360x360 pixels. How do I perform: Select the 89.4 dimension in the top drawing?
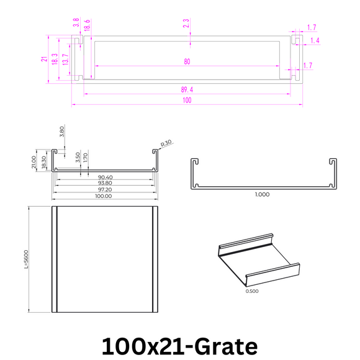coord(187,90)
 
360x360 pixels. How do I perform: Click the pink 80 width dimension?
coord(187,61)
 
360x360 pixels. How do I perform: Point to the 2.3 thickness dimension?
coord(186,24)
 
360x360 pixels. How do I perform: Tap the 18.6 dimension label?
coord(87,25)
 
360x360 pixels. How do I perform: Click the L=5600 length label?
coord(27,259)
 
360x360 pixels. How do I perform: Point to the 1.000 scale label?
coord(262,195)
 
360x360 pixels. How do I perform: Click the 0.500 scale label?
coord(252,290)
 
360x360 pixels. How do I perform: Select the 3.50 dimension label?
coord(77,156)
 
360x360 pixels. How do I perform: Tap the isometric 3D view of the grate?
coord(259,261)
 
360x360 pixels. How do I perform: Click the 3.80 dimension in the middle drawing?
coord(61,132)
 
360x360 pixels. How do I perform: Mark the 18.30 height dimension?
coord(43,163)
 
